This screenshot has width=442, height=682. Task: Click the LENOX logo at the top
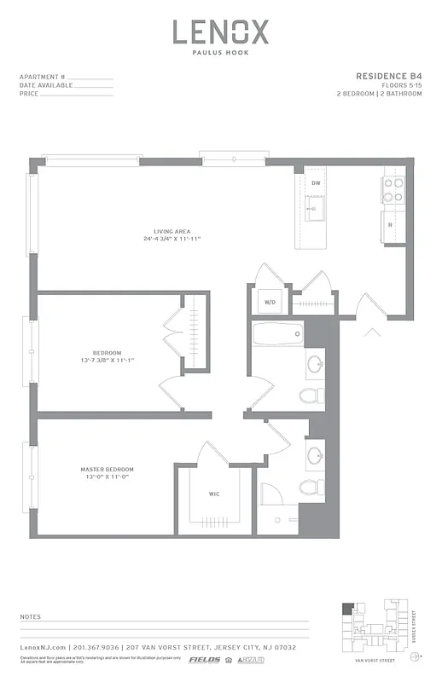click(x=221, y=32)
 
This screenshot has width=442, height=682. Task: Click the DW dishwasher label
click(x=315, y=183)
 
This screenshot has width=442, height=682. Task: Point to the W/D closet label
click(x=270, y=302)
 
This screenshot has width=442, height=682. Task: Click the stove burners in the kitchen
click(x=393, y=189)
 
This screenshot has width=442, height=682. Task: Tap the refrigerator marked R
click(x=391, y=225)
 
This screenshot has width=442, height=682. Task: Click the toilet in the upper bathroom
click(x=311, y=395)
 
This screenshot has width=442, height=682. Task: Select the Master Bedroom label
click(x=107, y=470)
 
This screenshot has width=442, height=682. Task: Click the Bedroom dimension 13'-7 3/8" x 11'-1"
click(x=108, y=360)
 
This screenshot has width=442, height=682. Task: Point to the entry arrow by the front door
click(x=371, y=331)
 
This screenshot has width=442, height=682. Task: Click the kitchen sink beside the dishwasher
click(x=315, y=210)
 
